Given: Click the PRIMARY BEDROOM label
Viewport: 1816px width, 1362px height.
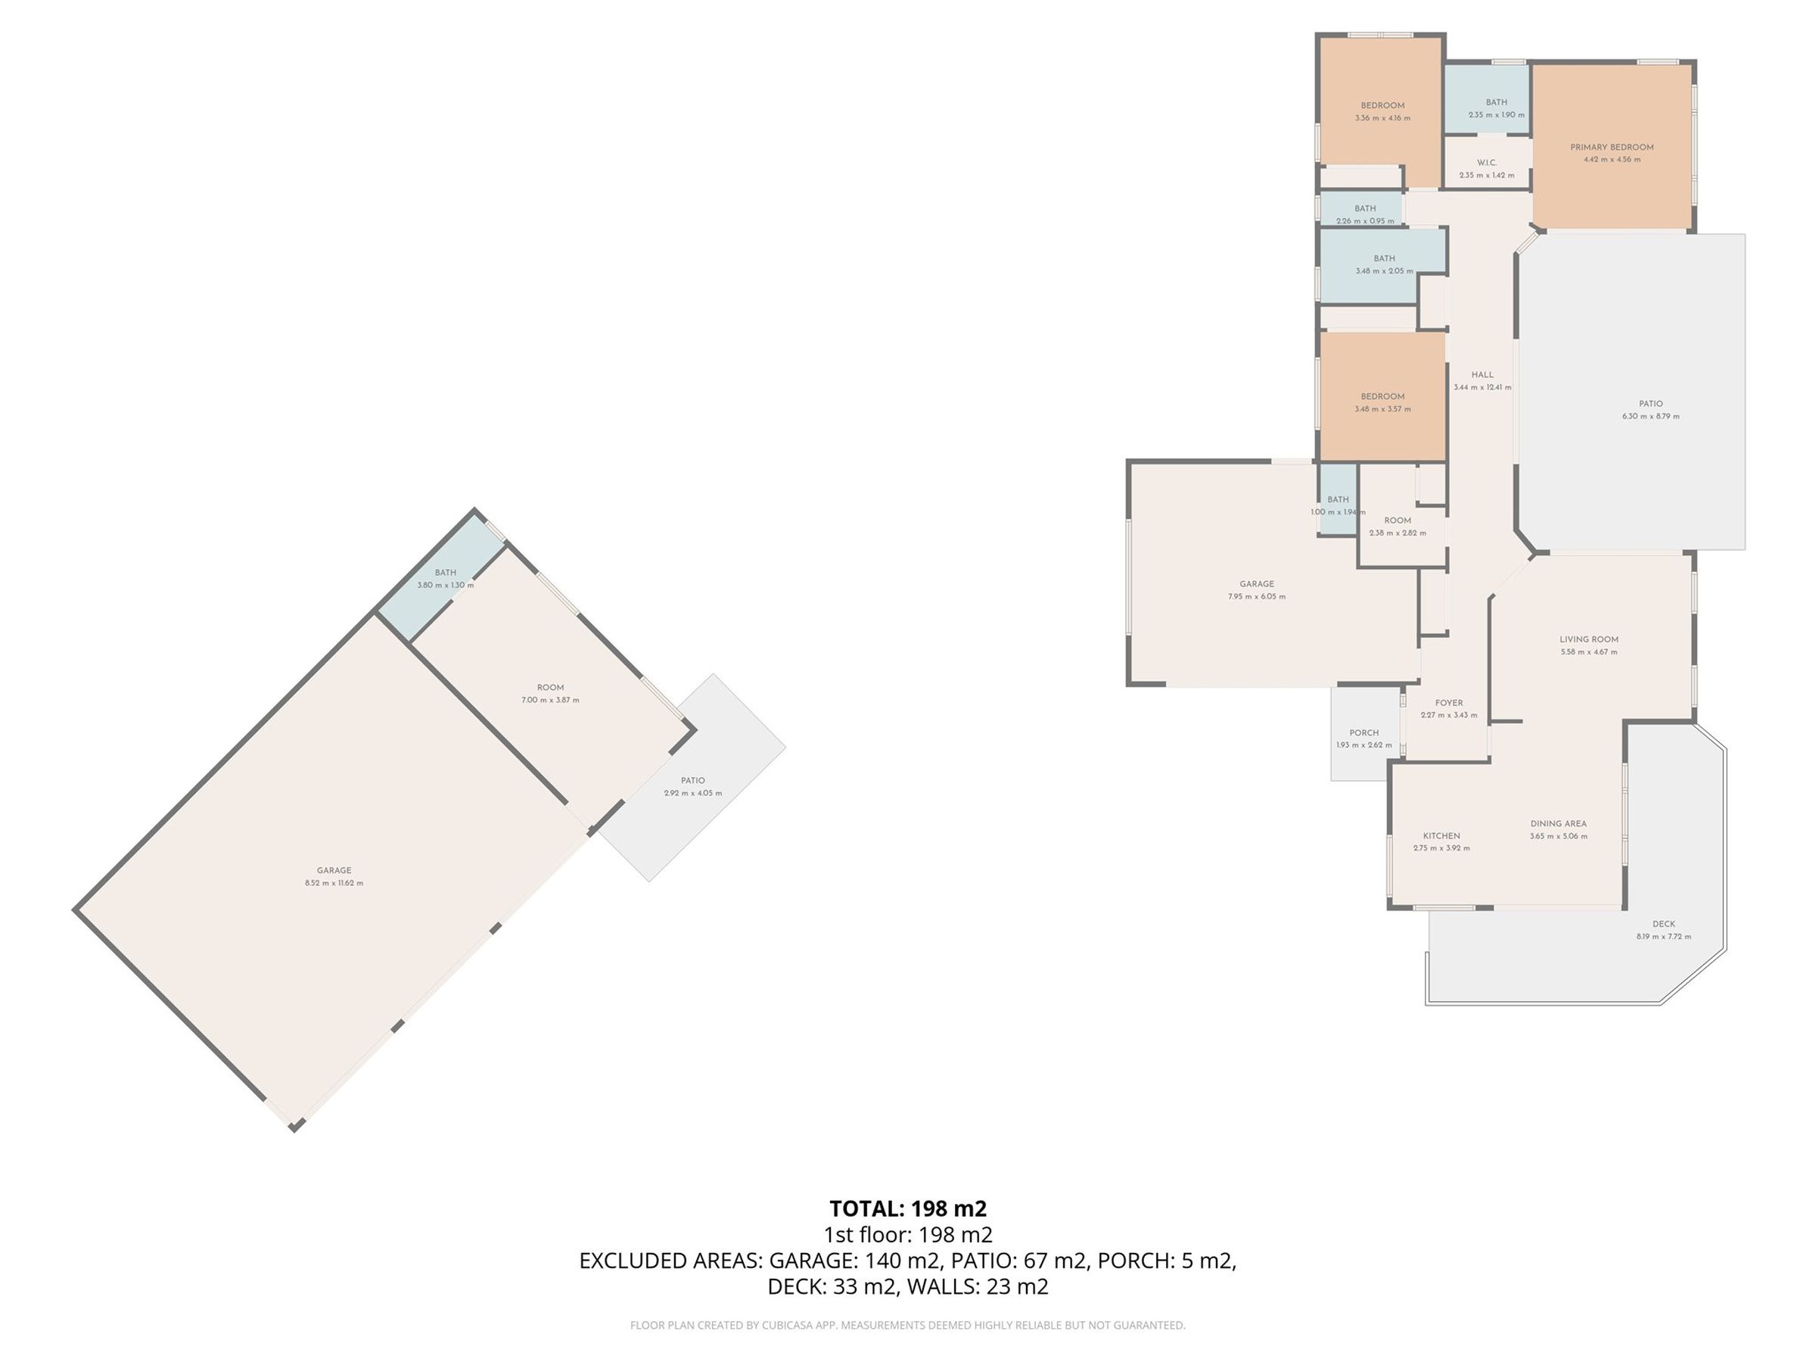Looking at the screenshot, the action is click(x=1612, y=148).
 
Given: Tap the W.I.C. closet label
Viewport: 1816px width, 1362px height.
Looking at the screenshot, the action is click(x=1487, y=163).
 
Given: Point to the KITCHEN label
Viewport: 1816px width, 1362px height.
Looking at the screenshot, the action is click(x=1441, y=836).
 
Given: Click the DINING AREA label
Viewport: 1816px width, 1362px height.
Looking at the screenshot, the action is click(x=1558, y=823).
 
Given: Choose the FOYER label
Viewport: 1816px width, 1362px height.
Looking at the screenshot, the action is click(x=1449, y=703).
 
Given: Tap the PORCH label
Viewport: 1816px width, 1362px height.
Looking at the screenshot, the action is click(x=1364, y=733).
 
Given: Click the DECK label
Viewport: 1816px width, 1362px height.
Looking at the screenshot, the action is click(x=1664, y=924).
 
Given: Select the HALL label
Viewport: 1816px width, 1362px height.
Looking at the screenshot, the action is click(x=1482, y=375).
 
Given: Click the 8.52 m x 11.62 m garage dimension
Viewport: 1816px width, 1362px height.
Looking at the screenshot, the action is click(x=334, y=883).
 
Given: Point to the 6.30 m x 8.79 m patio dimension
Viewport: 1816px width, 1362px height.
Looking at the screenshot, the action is click(x=1651, y=416).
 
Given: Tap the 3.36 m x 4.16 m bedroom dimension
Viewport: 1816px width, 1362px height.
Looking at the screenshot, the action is click(x=1382, y=118).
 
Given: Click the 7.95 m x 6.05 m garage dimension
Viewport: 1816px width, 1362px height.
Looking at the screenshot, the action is click(x=1257, y=597).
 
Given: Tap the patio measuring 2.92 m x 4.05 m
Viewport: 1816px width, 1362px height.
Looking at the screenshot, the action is click(x=693, y=786).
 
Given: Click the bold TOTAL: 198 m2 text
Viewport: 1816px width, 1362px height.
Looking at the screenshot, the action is click(x=908, y=1208).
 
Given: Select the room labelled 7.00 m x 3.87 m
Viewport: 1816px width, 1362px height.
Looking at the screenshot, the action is click(x=550, y=694).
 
